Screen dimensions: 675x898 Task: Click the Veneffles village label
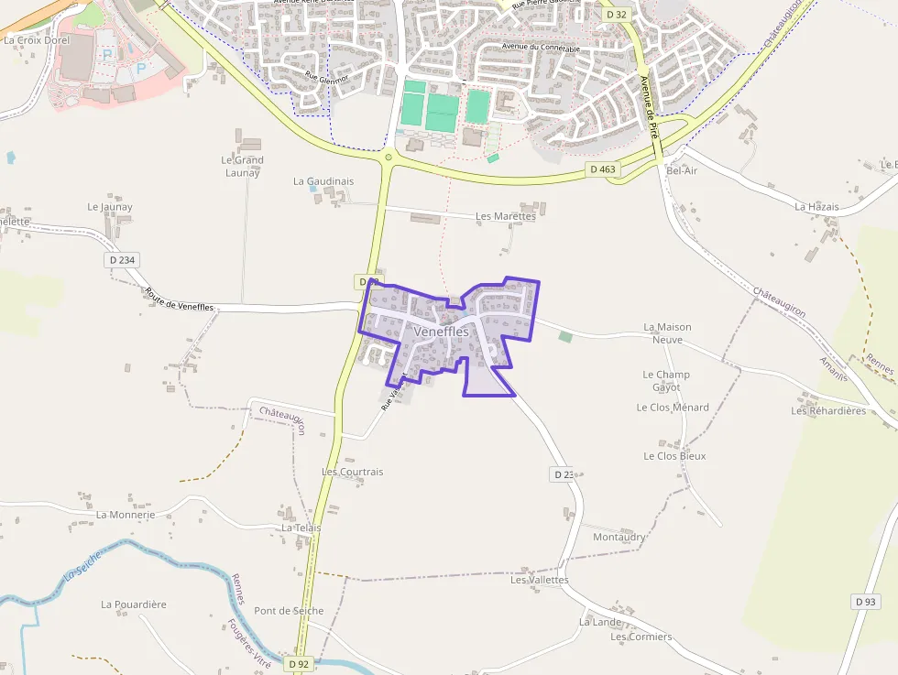(441, 331)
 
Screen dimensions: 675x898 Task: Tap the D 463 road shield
(602, 169)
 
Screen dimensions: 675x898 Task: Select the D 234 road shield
(121, 260)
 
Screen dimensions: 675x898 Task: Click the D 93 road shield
(865, 602)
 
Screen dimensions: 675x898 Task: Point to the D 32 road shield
(616, 15)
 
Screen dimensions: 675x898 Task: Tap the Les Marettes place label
(505, 216)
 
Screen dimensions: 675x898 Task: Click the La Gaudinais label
(323, 181)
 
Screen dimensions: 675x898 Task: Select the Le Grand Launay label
(243, 166)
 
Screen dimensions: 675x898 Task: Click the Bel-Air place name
(682, 171)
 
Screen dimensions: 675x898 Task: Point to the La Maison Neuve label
(667, 332)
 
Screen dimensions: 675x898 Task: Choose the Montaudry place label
(619, 537)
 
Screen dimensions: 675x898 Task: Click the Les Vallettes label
(539, 580)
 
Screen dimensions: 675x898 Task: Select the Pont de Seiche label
(289, 611)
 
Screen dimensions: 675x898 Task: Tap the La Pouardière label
(134, 604)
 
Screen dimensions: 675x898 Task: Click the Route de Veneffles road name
(179, 299)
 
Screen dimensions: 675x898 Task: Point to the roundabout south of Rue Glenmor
(389, 158)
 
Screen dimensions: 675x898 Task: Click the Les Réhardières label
(828, 411)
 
